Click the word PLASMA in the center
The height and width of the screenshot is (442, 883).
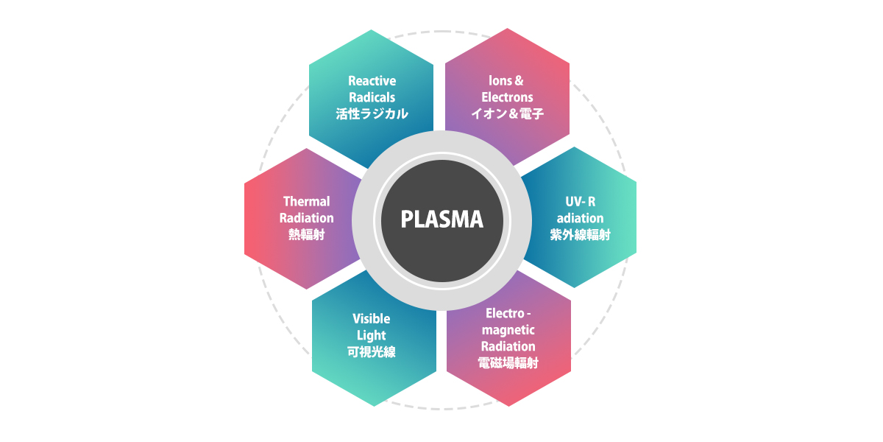(x=441, y=220)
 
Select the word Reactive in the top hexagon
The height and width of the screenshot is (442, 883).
(x=372, y=80)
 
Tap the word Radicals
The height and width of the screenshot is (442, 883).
(x=372, y=97)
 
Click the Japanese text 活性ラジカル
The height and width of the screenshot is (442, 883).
(x=372, y=113)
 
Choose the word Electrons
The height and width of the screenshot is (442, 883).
(x=507, y=97)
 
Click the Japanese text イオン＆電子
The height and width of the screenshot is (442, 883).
(x=507, y=113)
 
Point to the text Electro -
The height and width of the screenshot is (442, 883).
(x=508, y=313)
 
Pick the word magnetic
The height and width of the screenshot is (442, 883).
(x=508, y=329)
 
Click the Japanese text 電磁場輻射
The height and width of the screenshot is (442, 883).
(x=508, y=362)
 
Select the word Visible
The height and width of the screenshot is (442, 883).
(x=371, y=318)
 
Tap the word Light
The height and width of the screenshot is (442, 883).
(x=371, y=335)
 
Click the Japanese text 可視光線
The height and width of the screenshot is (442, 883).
(x=371, y=352)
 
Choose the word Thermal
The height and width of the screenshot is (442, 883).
(x=306, y=201)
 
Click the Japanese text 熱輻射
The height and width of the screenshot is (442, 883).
(x=306, y=235)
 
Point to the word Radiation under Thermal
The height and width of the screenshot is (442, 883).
(x=306, y=218)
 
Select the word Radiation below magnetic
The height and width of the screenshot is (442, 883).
(x=508, y=346)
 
